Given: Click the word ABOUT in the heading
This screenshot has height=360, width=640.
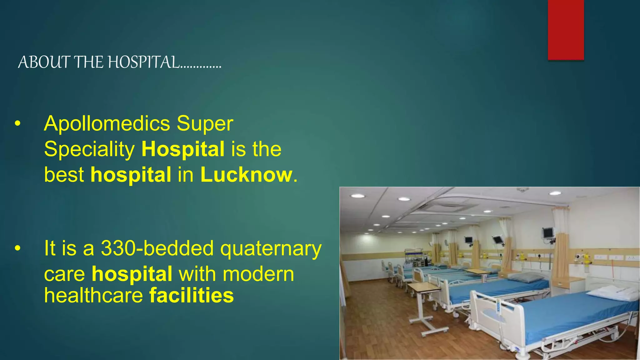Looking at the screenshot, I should click(x=43, y=62).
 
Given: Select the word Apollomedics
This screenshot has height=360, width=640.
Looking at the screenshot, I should click(x=107, y=123).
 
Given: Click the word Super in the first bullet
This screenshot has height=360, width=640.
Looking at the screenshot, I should click(x=205, y=123).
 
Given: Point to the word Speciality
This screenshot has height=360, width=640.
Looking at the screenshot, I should click(x=89, y=149).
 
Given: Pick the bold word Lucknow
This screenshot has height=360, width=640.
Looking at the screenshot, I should click(x=246, y=175).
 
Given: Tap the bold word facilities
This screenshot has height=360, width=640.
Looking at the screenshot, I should click(x=191, y=295).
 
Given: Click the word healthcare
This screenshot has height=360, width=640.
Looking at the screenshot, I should click(x=93, y=295).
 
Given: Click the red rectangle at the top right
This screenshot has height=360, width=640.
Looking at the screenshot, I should click(x=566, y=30).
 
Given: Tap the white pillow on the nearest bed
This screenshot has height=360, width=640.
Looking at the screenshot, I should click(x=612, y=293).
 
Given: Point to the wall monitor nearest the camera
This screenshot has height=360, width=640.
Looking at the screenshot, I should click(x=547, y=233).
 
